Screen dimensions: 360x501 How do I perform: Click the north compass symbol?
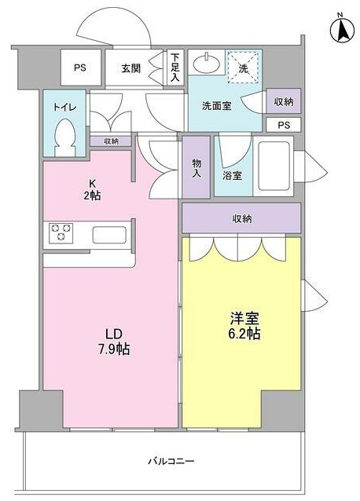[x=342, y=29]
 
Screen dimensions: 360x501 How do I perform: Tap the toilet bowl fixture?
[x=65, y=137]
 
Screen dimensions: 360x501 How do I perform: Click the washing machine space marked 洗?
[x=243, y=67]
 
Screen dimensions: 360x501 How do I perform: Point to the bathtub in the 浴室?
[x=274, y=166]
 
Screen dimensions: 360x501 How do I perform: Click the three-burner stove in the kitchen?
[x=61, y=233]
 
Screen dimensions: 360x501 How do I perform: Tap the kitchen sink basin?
[x=109, y=235]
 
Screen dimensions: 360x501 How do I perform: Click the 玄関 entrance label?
[x=131, y=68]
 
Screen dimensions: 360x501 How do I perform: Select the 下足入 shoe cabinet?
[x=174, y=67]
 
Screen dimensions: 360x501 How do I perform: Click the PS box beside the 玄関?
[x=81, y=68]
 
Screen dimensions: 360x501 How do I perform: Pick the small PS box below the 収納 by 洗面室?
[x=284, y=125]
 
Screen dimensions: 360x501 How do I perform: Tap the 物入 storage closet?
[x=197, y=167]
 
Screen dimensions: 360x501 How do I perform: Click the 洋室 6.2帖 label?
[x=244, y=326]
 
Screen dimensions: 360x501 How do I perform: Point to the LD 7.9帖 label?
[x=114, y=342]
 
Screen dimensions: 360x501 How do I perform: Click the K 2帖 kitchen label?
[x=92, y=189]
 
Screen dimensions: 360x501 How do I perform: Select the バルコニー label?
[x=171, y=461]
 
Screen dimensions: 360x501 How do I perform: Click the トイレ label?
[x=64, y=107]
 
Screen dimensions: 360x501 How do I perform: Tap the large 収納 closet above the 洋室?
[x=241, y=218]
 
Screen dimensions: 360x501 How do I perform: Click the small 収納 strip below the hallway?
[x=111, y=141]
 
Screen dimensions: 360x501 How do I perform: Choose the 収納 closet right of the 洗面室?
[x=284, y=101]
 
